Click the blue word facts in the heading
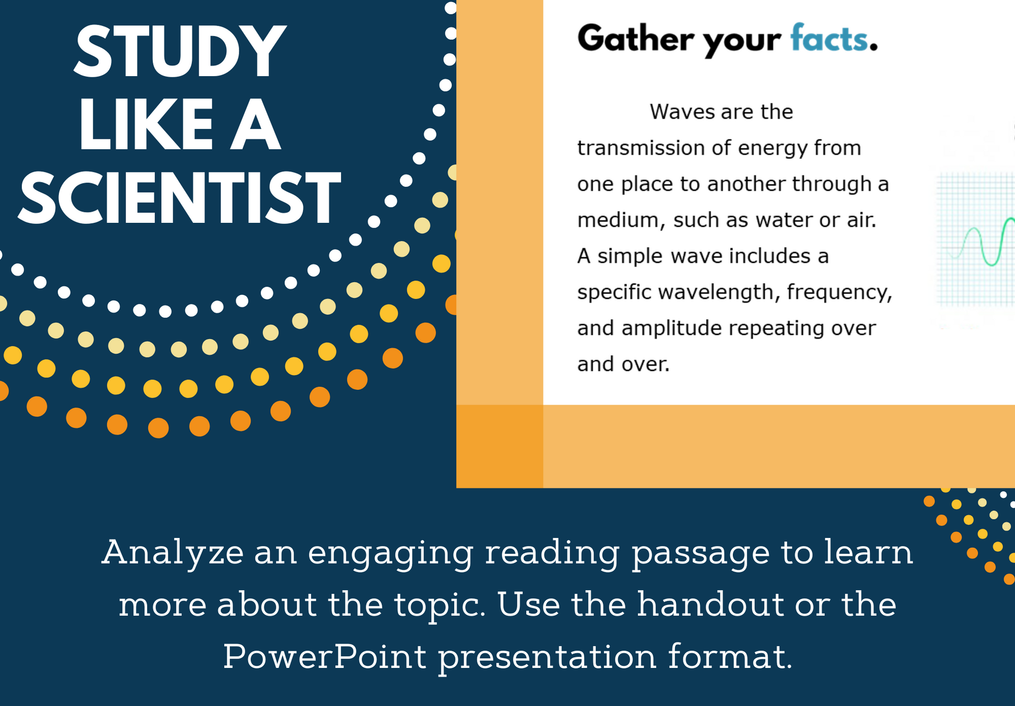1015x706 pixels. (829, 39)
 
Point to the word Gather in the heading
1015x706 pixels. (635, 39)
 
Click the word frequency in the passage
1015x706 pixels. (839, 292)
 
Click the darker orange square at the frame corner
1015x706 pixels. (500, 447)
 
